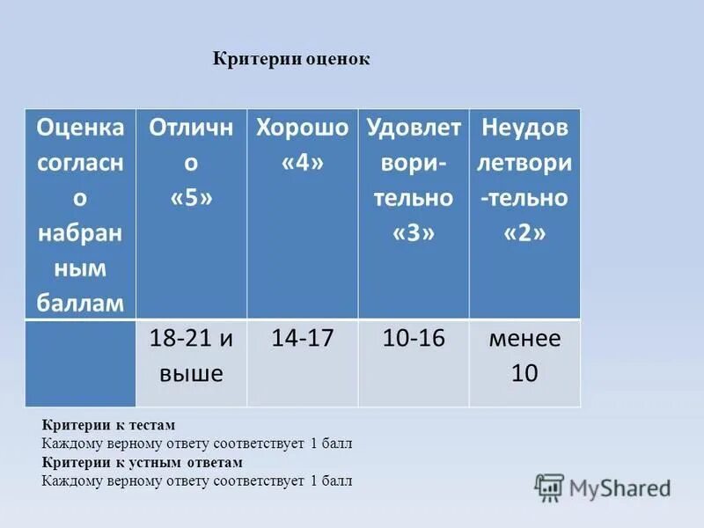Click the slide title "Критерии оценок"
(x=292, y=59)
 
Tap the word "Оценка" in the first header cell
(x=80, y=128)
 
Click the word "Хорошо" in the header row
(x=302, y=128)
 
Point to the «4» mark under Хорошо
(x=302, y=164)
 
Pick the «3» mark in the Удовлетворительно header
(x=414, y=234)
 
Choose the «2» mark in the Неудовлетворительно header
(x=524, y=234)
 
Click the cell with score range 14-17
(x=302, y=339)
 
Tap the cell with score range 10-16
(x=414, y=339)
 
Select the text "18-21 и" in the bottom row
(x=191, y=339)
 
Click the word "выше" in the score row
(x=191, y=374)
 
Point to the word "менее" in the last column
(x=524, y=339)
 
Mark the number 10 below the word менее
(x=524, y=374)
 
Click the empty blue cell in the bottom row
(x=80, y=363)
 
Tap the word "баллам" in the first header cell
(x=80, y=304)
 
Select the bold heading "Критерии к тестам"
(x=109, y=425)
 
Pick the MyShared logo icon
(x=549, y=488)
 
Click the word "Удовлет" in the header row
(x=414, y=128)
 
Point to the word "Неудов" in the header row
(x=524, y=128)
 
